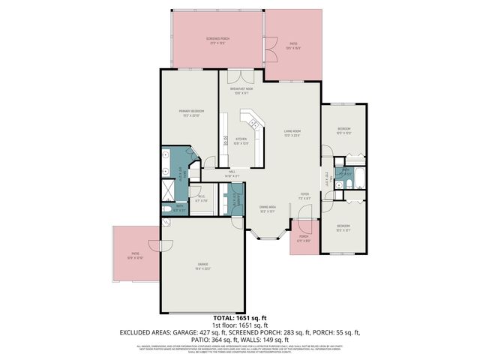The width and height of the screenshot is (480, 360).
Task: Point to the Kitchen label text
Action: [241, 140]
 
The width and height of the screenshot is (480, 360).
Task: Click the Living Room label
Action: [292, 136]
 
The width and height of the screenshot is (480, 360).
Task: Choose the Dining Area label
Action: [268, 209]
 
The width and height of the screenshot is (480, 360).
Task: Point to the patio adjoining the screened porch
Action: [294, 46]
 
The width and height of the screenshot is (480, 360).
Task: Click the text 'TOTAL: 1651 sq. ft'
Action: [240, 318]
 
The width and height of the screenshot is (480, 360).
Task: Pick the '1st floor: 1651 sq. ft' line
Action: [240, 325]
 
